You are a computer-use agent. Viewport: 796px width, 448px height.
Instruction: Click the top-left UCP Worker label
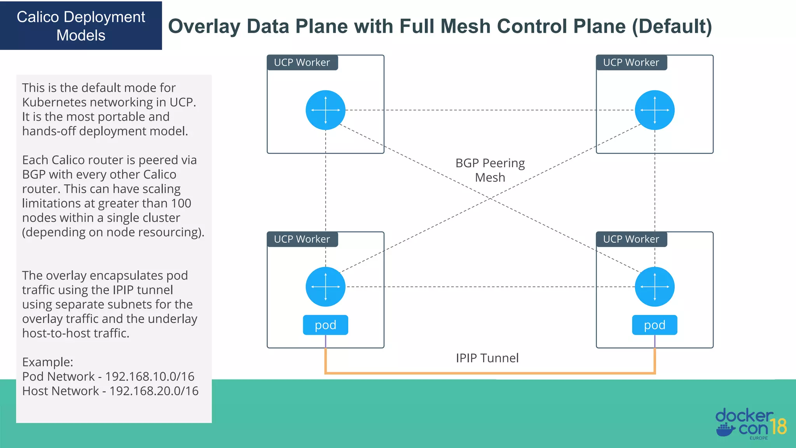pos(302,63)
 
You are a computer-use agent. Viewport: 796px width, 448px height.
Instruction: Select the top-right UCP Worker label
pos(631,63)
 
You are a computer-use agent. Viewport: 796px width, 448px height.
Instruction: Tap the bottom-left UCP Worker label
pos(302,239)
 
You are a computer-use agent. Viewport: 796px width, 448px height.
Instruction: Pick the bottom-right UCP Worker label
pos(631,239)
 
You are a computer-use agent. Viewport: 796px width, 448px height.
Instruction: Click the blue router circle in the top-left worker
pos(325,110)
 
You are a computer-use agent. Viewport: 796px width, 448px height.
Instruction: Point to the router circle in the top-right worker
pos(655,110)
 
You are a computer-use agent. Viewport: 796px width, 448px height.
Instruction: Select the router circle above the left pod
pos(325,287)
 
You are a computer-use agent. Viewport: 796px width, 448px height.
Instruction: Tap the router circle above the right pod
pos(655,287)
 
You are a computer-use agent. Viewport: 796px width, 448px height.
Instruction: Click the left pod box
pos(325,325)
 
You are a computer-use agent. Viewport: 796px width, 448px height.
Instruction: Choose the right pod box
pos(655,325)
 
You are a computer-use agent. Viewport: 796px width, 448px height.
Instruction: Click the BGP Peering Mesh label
pos(490,170)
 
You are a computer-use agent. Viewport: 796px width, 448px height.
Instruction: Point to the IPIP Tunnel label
pos(487,358)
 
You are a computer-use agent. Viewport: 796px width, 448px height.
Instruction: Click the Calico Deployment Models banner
pos(81,26)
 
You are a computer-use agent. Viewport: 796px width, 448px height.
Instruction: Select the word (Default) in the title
pos(672,26)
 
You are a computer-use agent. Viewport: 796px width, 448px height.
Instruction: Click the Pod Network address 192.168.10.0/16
pos(150,376)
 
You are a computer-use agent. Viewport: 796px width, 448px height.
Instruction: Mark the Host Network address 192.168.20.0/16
pos(154,391)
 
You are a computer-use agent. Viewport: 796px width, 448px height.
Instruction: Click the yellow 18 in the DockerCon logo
pos(779,427)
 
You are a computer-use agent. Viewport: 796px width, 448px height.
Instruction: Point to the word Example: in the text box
pos(47,362)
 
